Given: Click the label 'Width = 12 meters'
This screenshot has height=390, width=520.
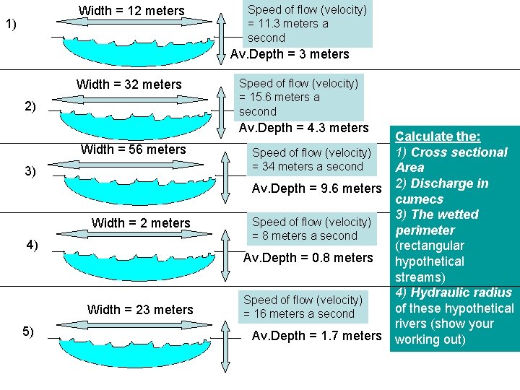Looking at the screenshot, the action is tap(131, 11).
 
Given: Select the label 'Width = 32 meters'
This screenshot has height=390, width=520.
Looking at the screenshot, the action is tap(129, 84).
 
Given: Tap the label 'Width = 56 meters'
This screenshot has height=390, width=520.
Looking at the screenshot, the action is tap(134, 149).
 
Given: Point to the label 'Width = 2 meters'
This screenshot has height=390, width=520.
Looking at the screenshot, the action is tap(141, 223).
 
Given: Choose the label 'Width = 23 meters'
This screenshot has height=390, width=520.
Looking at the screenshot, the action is tap(140, 310).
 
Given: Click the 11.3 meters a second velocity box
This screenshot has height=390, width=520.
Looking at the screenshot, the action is tap(307, 24).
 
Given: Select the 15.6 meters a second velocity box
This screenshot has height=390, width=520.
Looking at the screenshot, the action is tap(298, 97).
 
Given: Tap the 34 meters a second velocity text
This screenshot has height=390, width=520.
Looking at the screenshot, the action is tap(311, 160).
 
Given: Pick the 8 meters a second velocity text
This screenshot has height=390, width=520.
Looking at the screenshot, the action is tap(311, 229).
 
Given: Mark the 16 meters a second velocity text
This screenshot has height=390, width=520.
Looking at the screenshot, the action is tap(303, 307).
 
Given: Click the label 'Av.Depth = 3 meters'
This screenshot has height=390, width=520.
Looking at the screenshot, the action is tap(290, 54).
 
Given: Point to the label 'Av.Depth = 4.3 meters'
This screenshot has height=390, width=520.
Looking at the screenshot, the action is tap(303, 128).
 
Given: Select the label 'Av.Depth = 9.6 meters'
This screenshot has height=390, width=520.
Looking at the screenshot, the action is tap(316, 188).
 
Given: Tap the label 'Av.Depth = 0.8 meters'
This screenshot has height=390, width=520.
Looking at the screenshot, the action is tap(308, 258).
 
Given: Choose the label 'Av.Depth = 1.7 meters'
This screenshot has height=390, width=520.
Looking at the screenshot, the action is tap(316, 336).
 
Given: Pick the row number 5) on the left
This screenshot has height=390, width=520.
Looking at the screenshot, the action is tap(27, 331).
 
